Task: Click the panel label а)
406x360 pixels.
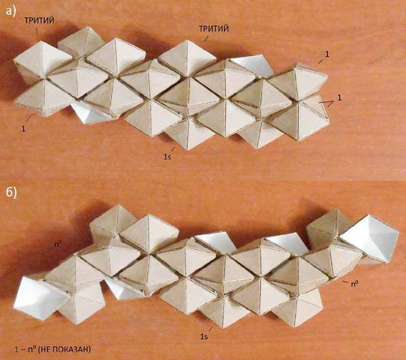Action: point(11,11)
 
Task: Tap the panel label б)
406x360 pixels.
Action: point(11,192)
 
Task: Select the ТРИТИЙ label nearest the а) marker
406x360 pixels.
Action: point(40,20)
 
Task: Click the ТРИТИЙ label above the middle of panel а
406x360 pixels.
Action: point(214,29)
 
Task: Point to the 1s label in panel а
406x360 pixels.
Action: point(167,157)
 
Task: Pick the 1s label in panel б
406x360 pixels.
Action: point(204,336)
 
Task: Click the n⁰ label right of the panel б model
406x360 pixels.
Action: point(355,284)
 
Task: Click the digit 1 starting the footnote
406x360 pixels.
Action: point(16,349)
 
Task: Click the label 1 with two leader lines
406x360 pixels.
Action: point(339,97)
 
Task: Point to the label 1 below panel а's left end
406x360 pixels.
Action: point(23,129)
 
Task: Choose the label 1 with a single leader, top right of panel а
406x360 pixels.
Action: point(327,54)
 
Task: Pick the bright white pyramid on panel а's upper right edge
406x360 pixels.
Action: point(251,65)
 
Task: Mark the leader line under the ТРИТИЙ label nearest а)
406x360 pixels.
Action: point(37,31)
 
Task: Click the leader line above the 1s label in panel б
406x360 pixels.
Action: point(210,329)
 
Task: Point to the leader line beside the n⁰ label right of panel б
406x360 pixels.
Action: point(345,282)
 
